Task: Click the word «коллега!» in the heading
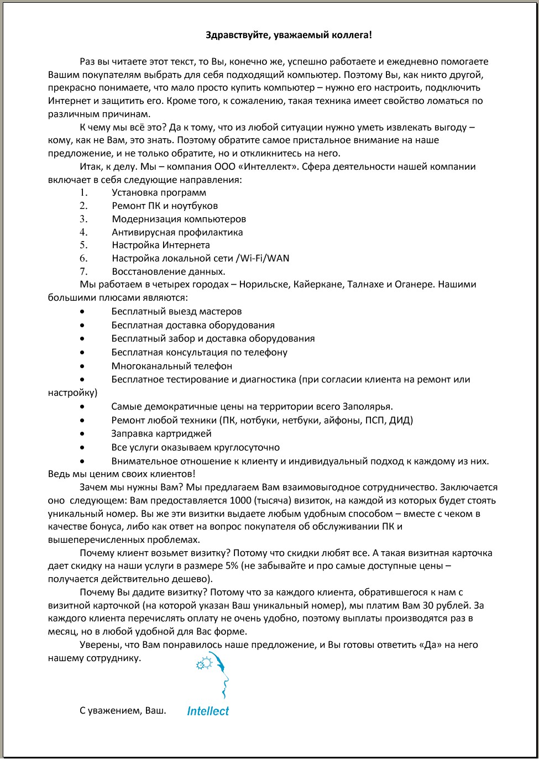352,35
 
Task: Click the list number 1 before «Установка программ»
83,192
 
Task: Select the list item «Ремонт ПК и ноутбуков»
165,206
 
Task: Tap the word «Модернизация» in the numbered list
142,219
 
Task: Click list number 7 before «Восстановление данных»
83,271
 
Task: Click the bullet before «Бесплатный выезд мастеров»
82,312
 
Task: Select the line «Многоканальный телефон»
171,366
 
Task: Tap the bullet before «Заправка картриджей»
82,434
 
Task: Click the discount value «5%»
232,566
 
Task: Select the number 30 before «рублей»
428,605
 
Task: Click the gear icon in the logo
203,662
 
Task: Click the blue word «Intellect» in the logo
208,711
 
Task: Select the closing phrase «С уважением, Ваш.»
123,710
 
